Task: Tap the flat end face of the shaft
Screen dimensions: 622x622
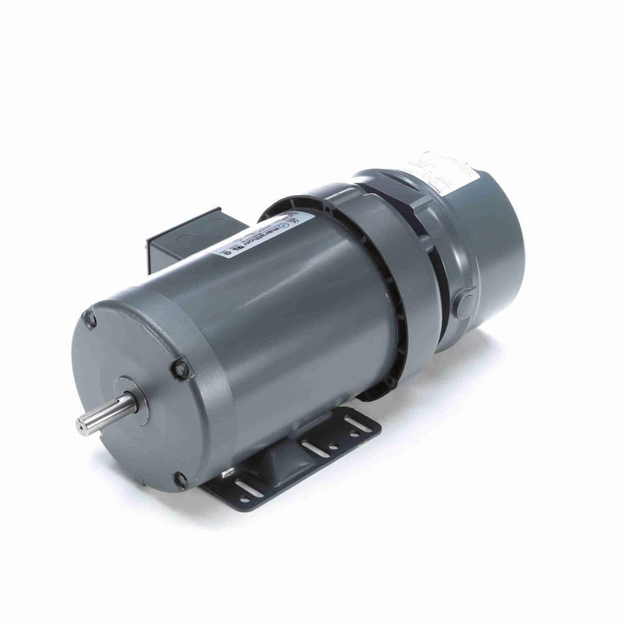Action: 81,426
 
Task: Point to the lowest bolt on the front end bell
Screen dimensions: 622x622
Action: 181,479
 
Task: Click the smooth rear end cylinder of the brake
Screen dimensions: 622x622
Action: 498,249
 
